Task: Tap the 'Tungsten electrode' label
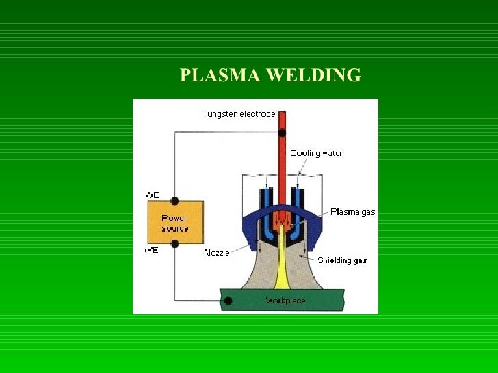[x=238, y=113]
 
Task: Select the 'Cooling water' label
[x=316, y=153]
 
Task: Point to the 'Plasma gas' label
[x=352, y=212]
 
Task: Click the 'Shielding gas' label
[x=341, y=260]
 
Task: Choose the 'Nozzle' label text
[x=217, y=253]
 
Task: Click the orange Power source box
[x=175, y=223]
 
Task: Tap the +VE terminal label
[x=151, y=250]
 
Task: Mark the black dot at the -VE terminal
[x=175, y=201]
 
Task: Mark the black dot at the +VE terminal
[x=175, y=244]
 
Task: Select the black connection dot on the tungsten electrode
[x=280, y=133]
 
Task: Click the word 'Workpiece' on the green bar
[x=285, y=301]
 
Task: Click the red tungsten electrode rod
[x=281, y=164]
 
